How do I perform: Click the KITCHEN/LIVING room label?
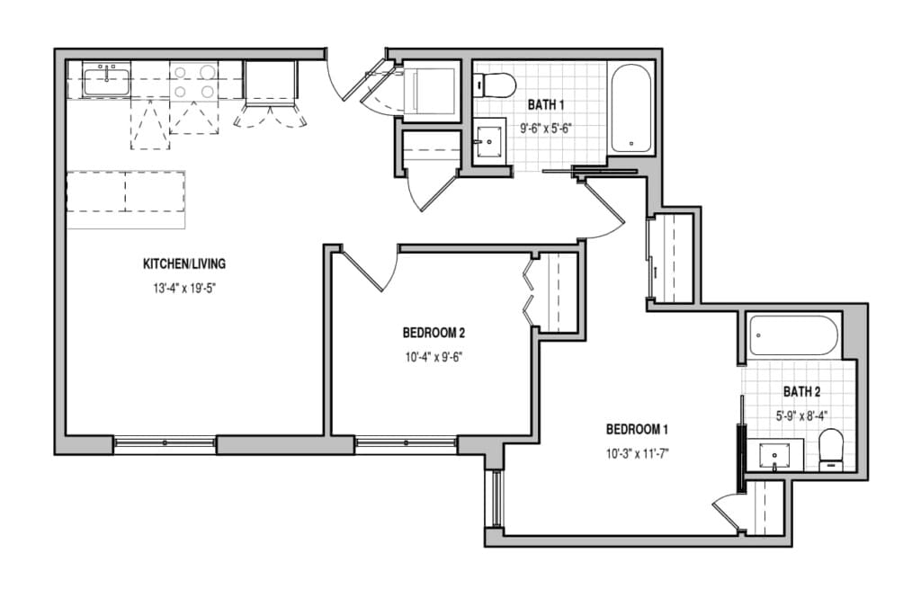(183, 263)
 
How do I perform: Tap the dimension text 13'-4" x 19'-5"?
(183, 289)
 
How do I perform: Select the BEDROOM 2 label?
(434, 333)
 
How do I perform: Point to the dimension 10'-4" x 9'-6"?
(434, 357)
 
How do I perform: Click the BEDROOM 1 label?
(638, 430)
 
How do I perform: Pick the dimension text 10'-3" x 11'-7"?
(638, 453)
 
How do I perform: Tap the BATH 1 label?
(546, 105)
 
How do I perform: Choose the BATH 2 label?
(801, 392)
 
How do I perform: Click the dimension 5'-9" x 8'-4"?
(801, 415)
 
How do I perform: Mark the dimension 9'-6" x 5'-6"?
(546, 129)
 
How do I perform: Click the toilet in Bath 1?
(495, 84)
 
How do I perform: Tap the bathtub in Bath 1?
(630, 108)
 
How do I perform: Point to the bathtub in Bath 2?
(793, 335)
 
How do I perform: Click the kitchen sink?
(106, 81)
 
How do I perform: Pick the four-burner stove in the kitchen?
(194, 81)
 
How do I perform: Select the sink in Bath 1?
(489, 141)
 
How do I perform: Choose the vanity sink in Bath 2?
(774, 454)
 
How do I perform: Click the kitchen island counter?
(126, 200)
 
